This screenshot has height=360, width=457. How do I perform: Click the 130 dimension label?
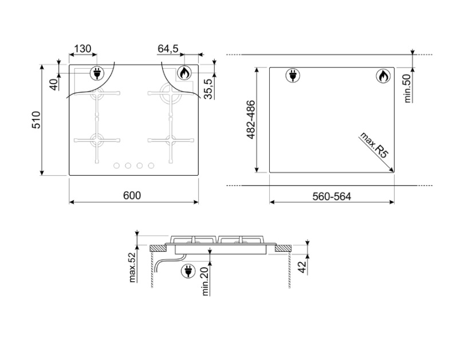click(83, 49)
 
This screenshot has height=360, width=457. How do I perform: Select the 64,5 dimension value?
click(168, 49)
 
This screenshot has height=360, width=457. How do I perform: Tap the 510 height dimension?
click(36, 120)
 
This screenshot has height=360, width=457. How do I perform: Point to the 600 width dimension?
click(132, 195)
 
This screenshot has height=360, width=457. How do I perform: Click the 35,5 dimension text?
click(208, 89)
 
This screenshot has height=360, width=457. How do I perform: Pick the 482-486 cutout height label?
click(251, 120)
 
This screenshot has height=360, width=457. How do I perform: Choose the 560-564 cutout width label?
click(332, 197)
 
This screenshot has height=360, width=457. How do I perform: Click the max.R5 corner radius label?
click(375, 145)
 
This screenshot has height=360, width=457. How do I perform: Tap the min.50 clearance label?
click(407, 89)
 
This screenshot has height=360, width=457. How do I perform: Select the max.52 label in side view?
click(133, 267)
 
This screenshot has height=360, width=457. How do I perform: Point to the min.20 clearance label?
click(206, 282)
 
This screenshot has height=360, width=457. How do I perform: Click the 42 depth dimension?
click(303, 267)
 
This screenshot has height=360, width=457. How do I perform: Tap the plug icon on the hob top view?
click(97, 73)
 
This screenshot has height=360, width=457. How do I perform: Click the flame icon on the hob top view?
click(184, 73)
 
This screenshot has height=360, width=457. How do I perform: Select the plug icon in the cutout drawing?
click(293, 76)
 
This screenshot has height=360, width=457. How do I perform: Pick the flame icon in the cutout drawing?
click(383, 76)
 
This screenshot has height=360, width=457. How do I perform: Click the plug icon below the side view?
click(188, 271)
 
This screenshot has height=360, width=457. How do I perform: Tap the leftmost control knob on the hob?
click(117, 165)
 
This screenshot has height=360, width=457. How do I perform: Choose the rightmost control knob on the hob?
click(151, 165)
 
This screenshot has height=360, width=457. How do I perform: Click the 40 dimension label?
click(54, 85)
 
